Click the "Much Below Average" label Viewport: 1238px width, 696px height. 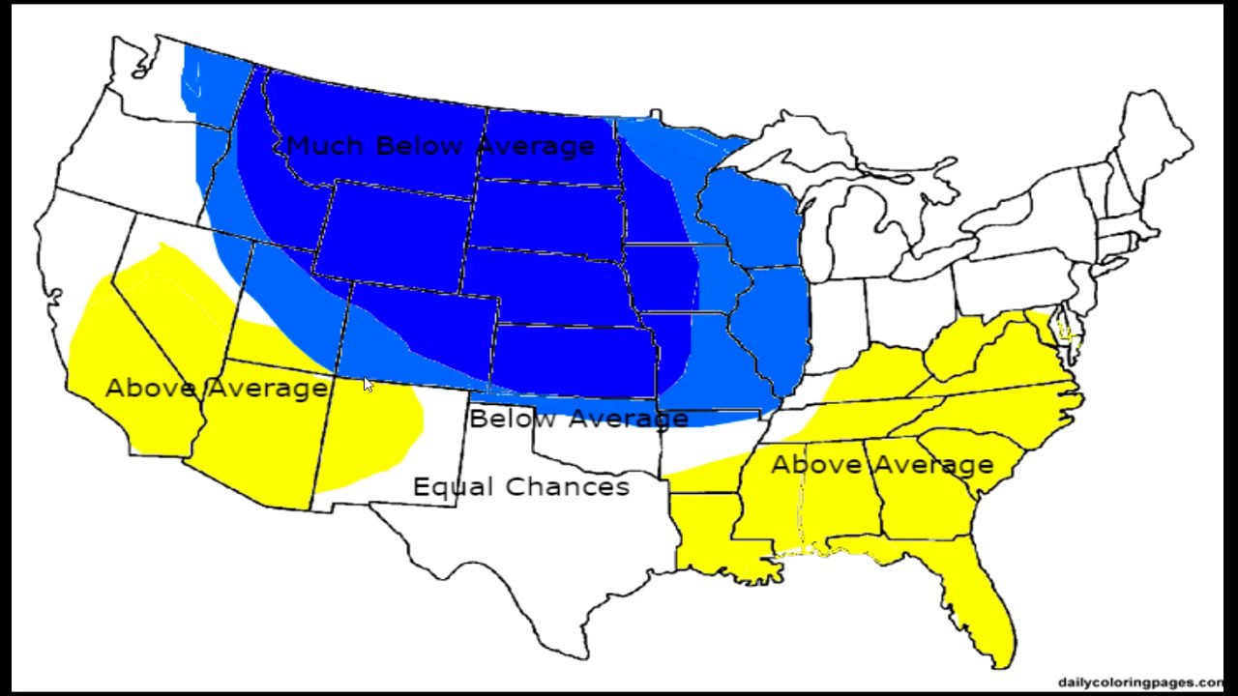coord(440,146)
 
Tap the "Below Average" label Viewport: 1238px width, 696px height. coord(578,420)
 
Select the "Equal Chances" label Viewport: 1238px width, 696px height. coord(521,486)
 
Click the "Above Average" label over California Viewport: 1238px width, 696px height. coord(216,389)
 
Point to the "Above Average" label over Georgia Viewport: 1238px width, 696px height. coord(881,465)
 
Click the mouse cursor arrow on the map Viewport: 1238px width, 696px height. coord(368,384)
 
